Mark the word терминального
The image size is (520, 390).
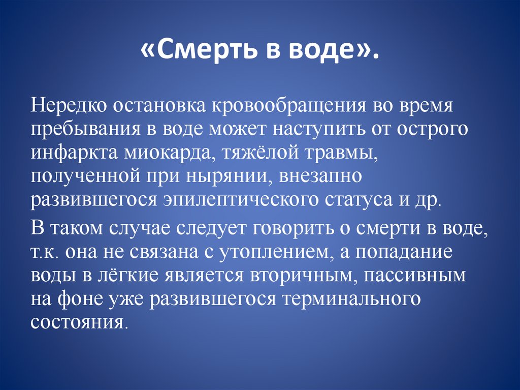[348, 299]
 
